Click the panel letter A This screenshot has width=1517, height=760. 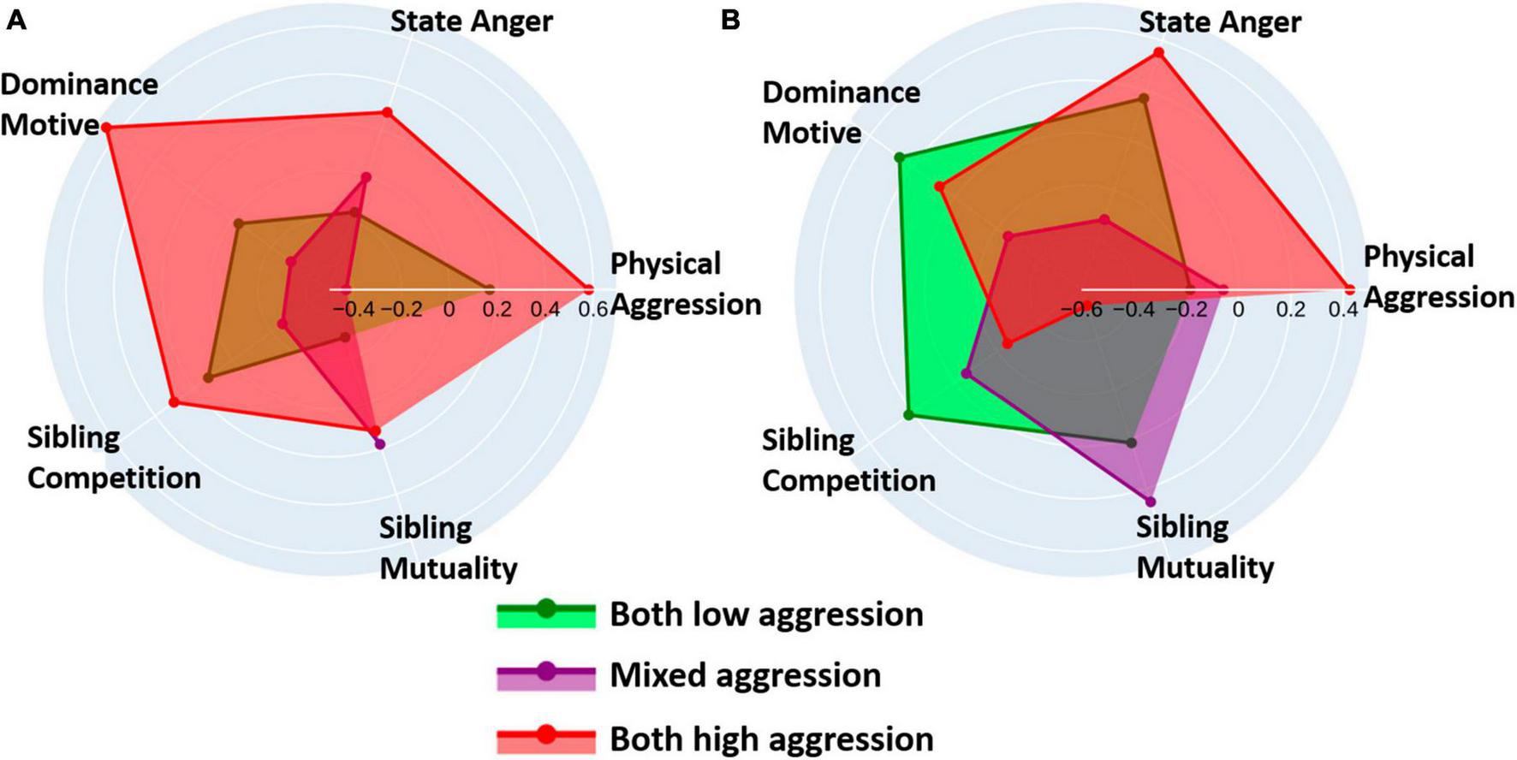point(16,20)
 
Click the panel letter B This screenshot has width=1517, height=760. point(730,20)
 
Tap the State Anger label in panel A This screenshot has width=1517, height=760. point(471,21)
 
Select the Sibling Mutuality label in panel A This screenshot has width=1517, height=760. point(448,548)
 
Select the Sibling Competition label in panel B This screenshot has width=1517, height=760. point(848,460)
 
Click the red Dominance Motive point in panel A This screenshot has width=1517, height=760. point(105,128)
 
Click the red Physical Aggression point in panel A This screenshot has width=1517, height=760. point(588,288)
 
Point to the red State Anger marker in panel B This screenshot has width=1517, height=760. point(1158,52)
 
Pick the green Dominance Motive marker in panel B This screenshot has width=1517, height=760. point(898,157)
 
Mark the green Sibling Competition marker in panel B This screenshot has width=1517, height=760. point(908,415)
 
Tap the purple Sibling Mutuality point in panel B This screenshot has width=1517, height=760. point(1150,502)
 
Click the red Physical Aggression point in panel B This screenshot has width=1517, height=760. point(1350,288)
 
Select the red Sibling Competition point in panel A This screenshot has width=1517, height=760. point(173,401)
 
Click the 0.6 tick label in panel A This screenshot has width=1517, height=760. point(593,309)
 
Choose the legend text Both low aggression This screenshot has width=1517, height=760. point(766,615)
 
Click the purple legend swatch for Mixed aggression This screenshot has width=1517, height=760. point(546,674)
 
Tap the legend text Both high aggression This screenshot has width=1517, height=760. point(770,739)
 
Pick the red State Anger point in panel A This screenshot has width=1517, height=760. point(387,113)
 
